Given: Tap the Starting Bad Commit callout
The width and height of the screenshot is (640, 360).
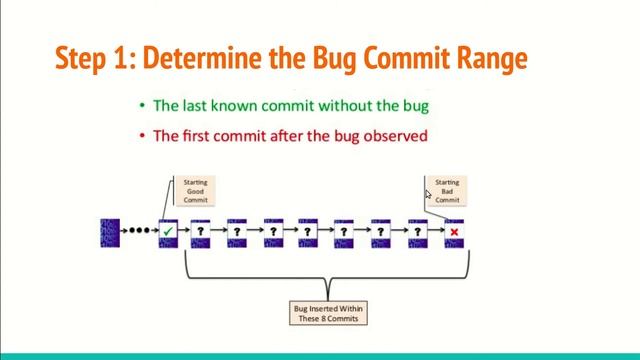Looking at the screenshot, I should (446, 190).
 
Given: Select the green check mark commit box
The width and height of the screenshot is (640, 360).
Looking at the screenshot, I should (168, 232).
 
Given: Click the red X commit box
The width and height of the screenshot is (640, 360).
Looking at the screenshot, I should (454, 232).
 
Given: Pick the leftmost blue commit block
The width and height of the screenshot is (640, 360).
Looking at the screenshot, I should (109, 232).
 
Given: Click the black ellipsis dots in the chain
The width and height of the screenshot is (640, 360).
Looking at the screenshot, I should (140, 232).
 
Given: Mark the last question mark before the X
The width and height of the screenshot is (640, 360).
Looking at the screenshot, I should (417, 232).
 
